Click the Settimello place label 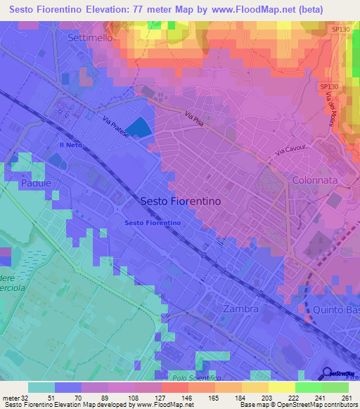[x=89, y=38]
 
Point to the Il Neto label [x=70, y=144]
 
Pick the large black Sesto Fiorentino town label [x=181, y=200]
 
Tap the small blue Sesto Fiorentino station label [x=153, y=223]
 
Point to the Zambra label [x=240, y=309]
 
